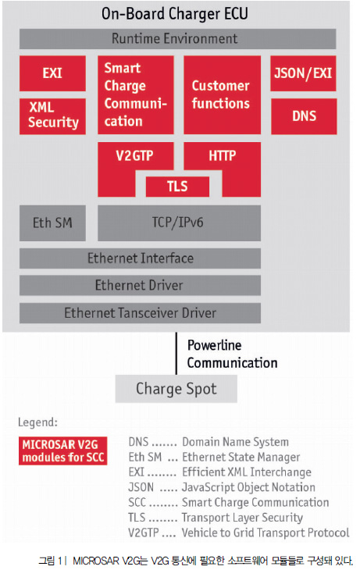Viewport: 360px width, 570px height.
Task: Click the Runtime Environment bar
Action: [x=177, y=38]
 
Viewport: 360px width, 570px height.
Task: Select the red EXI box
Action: [x=52, y=73]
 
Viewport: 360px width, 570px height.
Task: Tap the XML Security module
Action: [x=52, y=116]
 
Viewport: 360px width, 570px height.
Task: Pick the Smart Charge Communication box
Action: [x=135, y=94]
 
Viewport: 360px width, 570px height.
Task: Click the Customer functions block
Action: [x=222, y=94]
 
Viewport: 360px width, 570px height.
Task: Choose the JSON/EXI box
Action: [x=303, y=73]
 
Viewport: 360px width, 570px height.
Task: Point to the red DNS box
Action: [x=304, y=116]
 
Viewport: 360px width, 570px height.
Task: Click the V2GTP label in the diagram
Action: [x=134, y=155]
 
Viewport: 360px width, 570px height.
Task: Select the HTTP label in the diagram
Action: [x=223, y=155]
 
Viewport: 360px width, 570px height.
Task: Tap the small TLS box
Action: [x=177, y=186]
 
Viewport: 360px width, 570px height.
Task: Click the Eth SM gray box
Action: [x=52, y=223]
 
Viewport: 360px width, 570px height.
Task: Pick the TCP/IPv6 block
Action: [x=179, y=223]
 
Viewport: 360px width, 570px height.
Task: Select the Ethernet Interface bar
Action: [x=140, y=258]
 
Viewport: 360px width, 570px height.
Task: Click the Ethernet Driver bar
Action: [x=140, y=285]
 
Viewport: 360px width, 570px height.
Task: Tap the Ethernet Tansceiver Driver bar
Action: [x=140, y=312]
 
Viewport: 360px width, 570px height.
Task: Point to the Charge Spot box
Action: [x=176, y=389]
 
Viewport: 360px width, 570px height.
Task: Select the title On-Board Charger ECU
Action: [x=175, y=14]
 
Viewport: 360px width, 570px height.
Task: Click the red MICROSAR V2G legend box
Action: [x=63, y=451]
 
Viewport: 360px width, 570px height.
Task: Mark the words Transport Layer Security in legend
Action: [x=242, y=517]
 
